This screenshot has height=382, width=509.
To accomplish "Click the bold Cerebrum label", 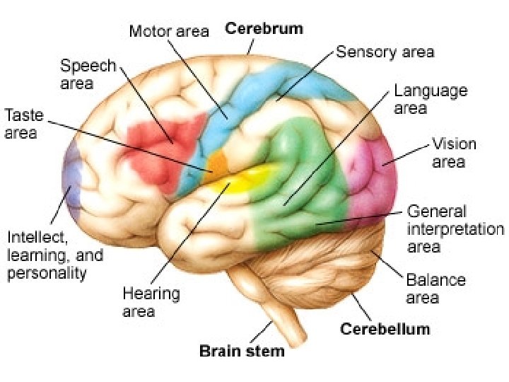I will click(264, 29).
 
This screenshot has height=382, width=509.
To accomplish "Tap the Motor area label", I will click(169, 31).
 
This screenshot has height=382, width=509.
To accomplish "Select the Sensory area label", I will click(385, 52).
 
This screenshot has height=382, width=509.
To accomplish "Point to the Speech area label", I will click(88, 74).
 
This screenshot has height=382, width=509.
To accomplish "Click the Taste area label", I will click(23, 123).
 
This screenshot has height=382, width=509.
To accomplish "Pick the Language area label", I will click(431, 99).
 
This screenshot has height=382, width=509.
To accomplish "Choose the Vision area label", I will click(454, 153).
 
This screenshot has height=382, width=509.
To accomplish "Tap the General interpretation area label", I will click(455, 229).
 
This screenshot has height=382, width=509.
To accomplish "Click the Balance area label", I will click(435, 287).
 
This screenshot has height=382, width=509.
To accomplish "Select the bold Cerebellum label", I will click(385, 329).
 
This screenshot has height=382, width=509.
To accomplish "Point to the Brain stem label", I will click(242, 351).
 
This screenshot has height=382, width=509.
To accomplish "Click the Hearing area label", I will click(151, 301).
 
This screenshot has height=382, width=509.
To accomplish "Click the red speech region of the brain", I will click(152, 149).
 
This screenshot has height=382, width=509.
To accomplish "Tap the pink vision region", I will click(373, 177).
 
